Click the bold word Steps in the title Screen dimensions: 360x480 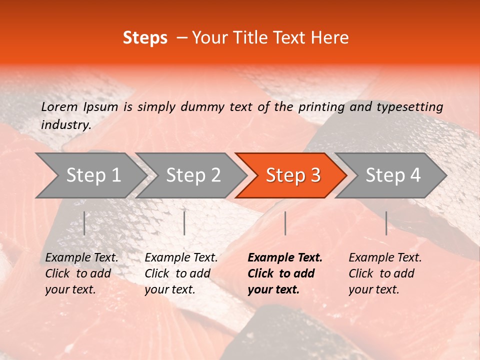(x=145, y=38)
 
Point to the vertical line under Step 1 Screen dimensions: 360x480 (x=84, y=223)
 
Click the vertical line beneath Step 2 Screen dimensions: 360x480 (x=184, y=223)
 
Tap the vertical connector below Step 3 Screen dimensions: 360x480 (x=285, y=223)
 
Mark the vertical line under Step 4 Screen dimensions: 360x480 (x=386, y=223)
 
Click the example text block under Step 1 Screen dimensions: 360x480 (x=81, y=273)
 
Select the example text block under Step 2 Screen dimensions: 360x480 (x=181, y=273)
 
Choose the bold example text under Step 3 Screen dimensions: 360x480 (x=285, y=273)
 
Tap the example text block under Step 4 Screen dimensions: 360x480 (x=385, y=273)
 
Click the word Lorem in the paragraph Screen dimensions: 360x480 (x=59, y=106)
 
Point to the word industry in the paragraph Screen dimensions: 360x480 (x=66, y=125)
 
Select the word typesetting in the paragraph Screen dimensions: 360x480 (x=409, y=107)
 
